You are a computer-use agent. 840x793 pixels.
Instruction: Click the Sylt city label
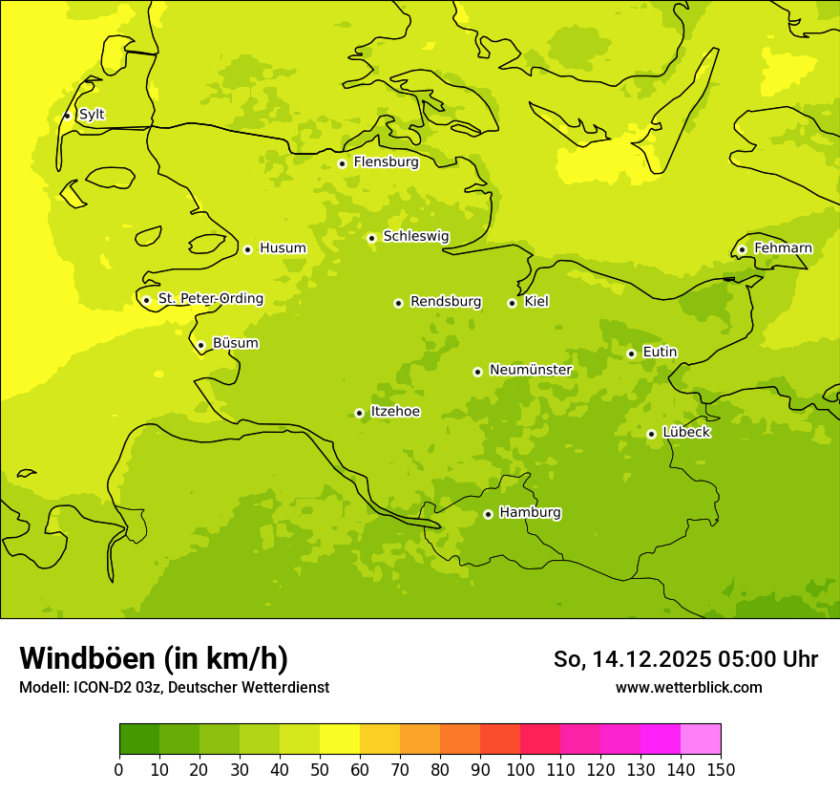click(92, 115)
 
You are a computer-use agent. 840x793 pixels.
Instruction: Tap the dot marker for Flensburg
click(342, 163)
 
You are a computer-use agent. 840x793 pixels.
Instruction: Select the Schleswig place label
click(415, 236)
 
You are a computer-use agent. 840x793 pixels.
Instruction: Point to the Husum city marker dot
click(247, 249)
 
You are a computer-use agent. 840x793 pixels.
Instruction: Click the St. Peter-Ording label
click(210, 298)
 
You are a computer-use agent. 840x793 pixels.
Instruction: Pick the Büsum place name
click(235, 343)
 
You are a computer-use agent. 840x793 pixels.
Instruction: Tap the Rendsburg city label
click(446, 302)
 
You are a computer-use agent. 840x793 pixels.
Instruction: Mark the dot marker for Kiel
click(512, 303)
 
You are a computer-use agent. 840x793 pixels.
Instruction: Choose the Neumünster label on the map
click(530, 370)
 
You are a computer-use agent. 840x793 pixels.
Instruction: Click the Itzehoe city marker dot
click(359, 414)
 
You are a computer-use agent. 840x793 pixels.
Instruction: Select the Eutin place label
click(660, 353)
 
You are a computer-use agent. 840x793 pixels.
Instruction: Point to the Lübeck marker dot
click(651, 434)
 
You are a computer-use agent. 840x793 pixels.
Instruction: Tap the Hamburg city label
click(530, 512)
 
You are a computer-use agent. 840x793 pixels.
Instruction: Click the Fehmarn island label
click(783, 248)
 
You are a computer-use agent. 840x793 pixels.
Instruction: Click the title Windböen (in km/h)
click(154, 658)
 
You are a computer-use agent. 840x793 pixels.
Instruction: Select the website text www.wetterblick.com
click(688, 687)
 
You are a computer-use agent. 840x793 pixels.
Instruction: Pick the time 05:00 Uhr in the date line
click(763, 659)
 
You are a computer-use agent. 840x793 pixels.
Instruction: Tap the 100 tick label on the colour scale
click(520, 769)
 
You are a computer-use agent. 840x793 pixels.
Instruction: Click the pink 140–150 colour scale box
click(701, 739)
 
